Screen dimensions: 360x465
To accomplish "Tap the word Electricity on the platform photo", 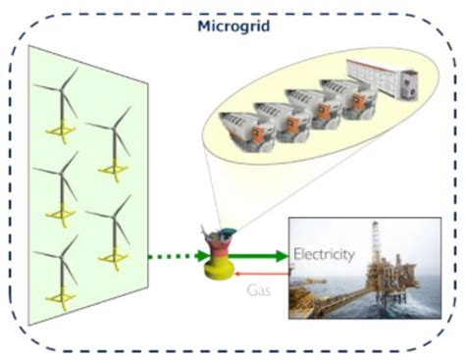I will click(x=324, y=254).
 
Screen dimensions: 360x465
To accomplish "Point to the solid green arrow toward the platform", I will click(x=261, y=257).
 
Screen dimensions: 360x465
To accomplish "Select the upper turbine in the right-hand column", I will click(x=113, y=142).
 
